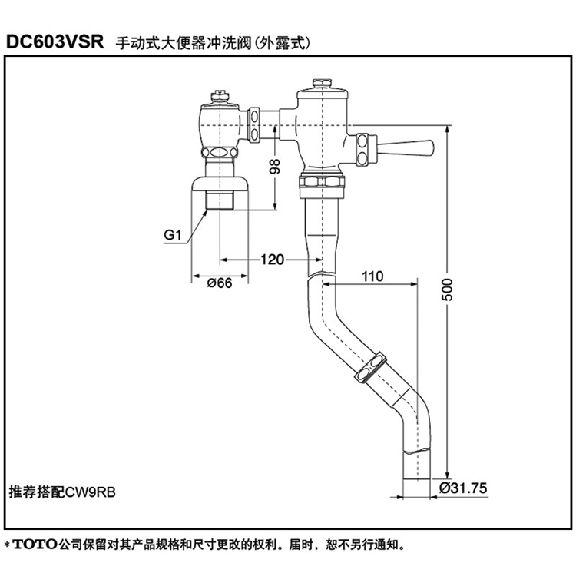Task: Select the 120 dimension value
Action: pyautogui.click(x=273, y=260)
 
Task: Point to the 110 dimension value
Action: pyautogui.click(x=370, y=274)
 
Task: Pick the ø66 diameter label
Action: pyautogui.click(x=220, y=283)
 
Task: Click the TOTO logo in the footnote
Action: pyautogui.click(x=36, y=545)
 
